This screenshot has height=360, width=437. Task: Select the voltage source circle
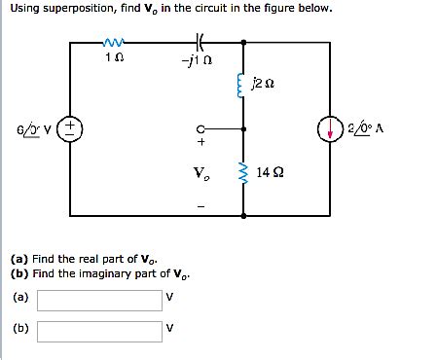click(x=74, y=127)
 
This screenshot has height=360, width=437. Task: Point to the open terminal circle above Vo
click(x=200, y=126)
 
